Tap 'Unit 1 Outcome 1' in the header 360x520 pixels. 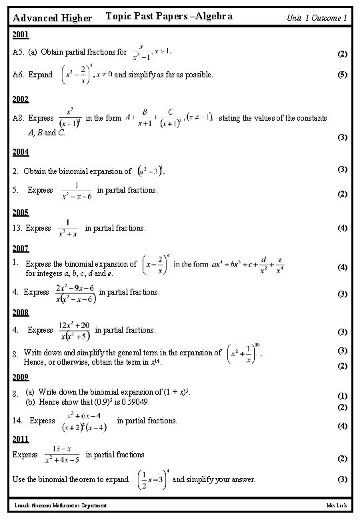coord(317,17)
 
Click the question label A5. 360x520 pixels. coord(19,52)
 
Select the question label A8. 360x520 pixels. coord(19,118)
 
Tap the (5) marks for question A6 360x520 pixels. coord(343,75)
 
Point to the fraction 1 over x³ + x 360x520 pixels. coord(68,228)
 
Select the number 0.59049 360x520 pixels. coord(137,403)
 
